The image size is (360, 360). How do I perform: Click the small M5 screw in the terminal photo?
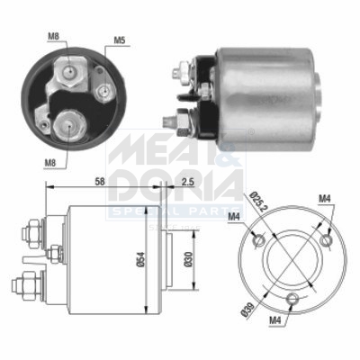pos(105,89)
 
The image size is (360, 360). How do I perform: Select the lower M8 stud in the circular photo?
pos(68,124)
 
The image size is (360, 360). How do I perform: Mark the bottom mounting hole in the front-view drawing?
pos(291,301)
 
